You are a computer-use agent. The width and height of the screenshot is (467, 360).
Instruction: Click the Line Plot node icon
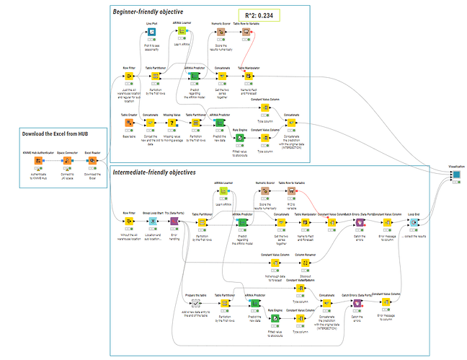pyautogui.click(x=152, y=32)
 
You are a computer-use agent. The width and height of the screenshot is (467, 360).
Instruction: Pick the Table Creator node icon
pyautogui.click(x=130, y=121)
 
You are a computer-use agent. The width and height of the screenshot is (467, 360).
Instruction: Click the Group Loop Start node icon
pyautogui.click(x=153, y=222)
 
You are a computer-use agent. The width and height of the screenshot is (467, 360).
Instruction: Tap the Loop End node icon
pyautogui.click(x=414, y=222)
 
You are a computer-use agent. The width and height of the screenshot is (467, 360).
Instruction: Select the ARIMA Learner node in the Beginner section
pyautogui.click(x=182, y=32)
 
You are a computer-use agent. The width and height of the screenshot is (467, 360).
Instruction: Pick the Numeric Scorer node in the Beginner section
pyautogui.click(x=221, y=32)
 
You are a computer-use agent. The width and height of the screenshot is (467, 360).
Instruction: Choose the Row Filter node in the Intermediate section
pyautogui.click(x=130, y=222)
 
